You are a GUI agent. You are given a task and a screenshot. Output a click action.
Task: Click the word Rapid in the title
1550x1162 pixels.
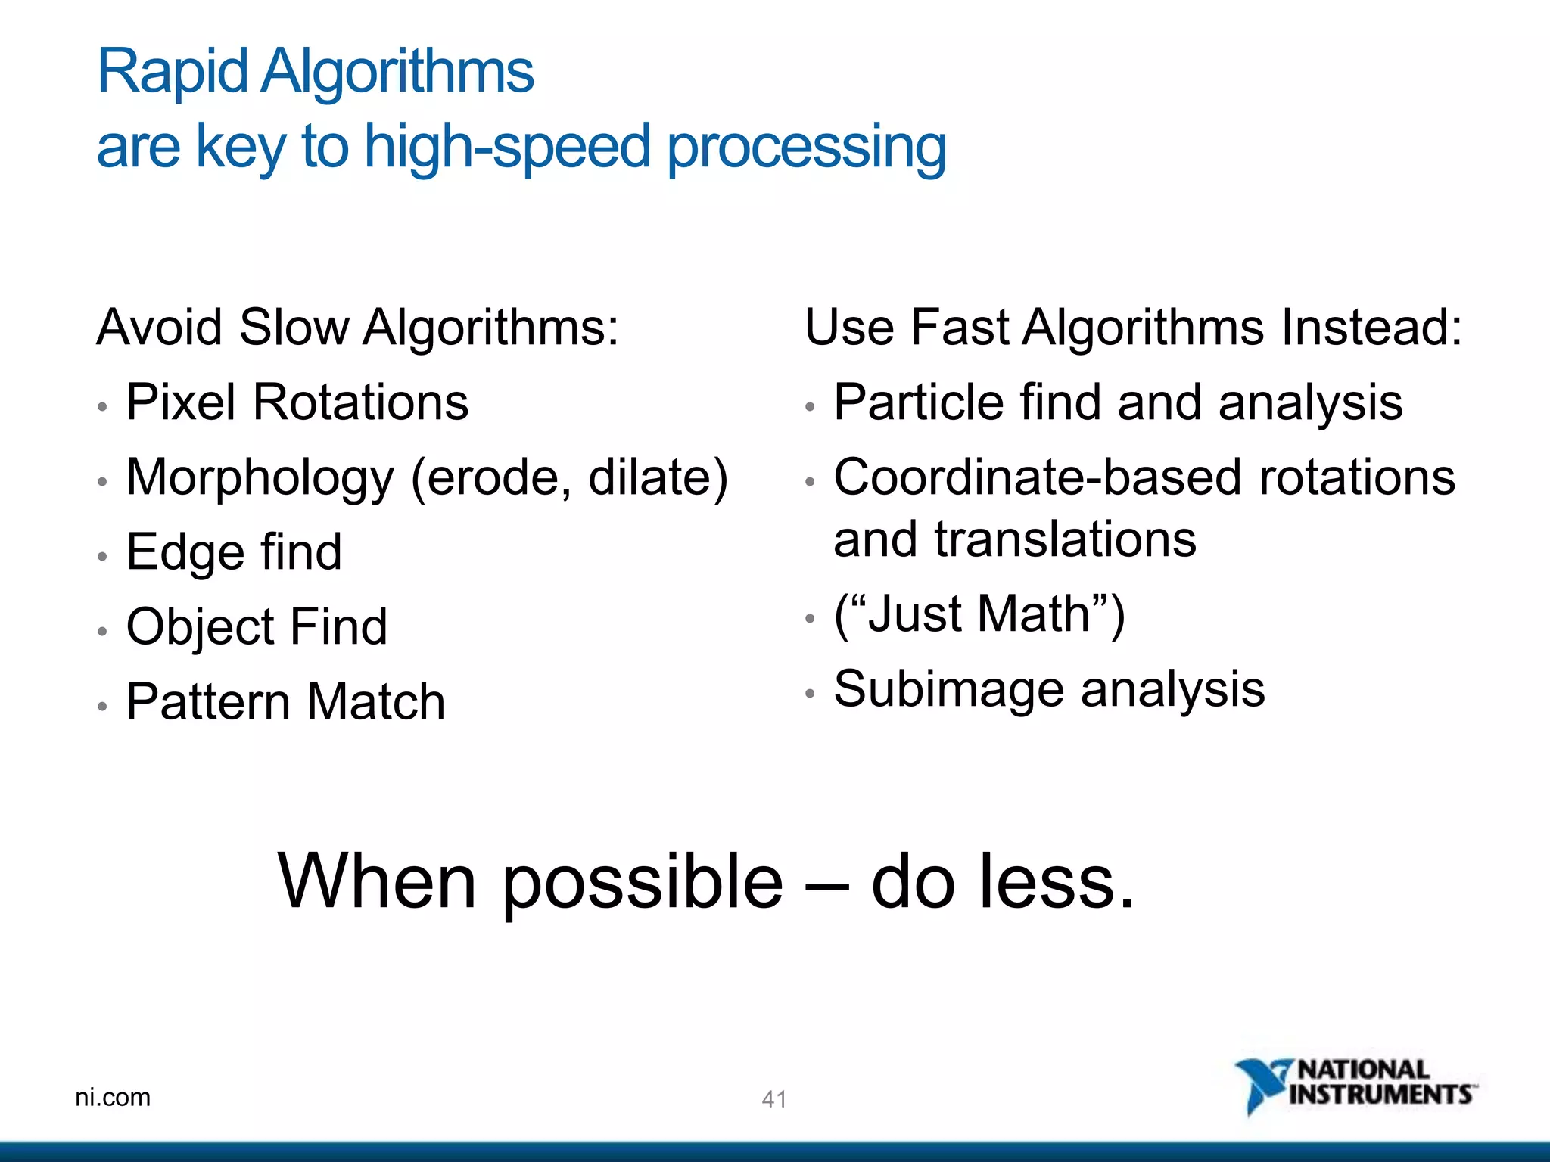click(x=173, y=72)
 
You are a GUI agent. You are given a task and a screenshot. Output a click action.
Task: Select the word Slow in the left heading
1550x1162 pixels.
click(x=294, y=328)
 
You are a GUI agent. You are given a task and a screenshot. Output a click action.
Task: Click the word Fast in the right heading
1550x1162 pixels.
click(x=959, y=328)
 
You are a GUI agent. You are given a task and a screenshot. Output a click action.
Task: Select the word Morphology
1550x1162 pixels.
click(x=260, y=479)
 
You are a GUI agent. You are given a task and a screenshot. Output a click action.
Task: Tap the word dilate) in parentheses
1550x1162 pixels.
click(x=658, y=477)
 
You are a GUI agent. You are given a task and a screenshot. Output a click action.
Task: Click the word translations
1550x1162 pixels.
click(x=1065, y=539)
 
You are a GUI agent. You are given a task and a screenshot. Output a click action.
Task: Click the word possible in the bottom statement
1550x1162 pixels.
click(x=643, y=881)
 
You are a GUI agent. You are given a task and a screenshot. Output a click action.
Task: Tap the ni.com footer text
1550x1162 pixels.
click(x=113, y=1097)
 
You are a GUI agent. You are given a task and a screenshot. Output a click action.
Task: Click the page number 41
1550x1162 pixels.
click(x=773, y=1099)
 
